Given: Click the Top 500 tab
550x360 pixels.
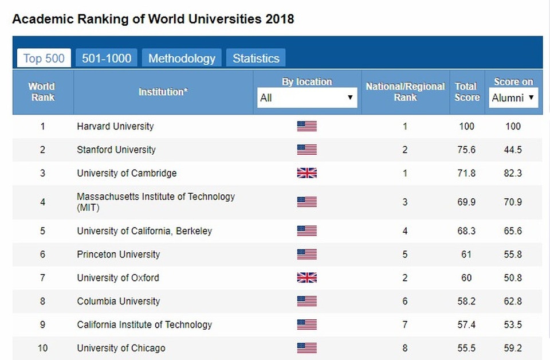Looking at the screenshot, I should (x=43, y=58).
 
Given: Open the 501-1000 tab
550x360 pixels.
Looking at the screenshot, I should (x=107, y=58).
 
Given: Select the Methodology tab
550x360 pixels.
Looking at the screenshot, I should (x=182, y=58).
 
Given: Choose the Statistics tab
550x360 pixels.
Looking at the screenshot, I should (x=256, y=58).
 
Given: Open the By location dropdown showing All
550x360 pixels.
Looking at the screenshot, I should (x=307, y=98).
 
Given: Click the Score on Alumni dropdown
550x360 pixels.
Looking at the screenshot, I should (x=513, y=98).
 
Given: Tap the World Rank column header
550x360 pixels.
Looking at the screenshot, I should (x=42, y=92).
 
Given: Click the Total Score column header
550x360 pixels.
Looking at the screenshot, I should (x=466, y=92).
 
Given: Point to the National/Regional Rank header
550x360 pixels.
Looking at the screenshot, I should (x=405, y=92).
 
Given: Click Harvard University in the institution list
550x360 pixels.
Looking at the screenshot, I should (x=115, y=126).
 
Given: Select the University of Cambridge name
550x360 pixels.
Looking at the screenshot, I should (x=127, y=173).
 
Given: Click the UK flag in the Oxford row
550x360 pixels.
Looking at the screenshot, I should (x=307, y=277).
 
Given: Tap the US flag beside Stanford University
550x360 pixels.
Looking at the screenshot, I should (x=307, y=150).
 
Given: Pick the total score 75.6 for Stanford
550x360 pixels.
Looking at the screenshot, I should (x=466, y=150).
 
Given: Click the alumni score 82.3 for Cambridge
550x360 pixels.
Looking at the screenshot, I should (x=513, y=173).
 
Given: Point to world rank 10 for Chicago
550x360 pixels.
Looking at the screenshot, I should (x=42, y=348).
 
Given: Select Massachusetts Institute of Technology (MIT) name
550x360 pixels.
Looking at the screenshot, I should (x=156, y=202).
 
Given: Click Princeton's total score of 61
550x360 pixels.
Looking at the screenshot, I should (x=466, y=254).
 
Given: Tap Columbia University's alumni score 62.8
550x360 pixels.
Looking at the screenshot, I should (x=513, y=301).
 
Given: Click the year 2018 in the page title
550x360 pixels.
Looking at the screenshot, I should (x=280, y=19).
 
